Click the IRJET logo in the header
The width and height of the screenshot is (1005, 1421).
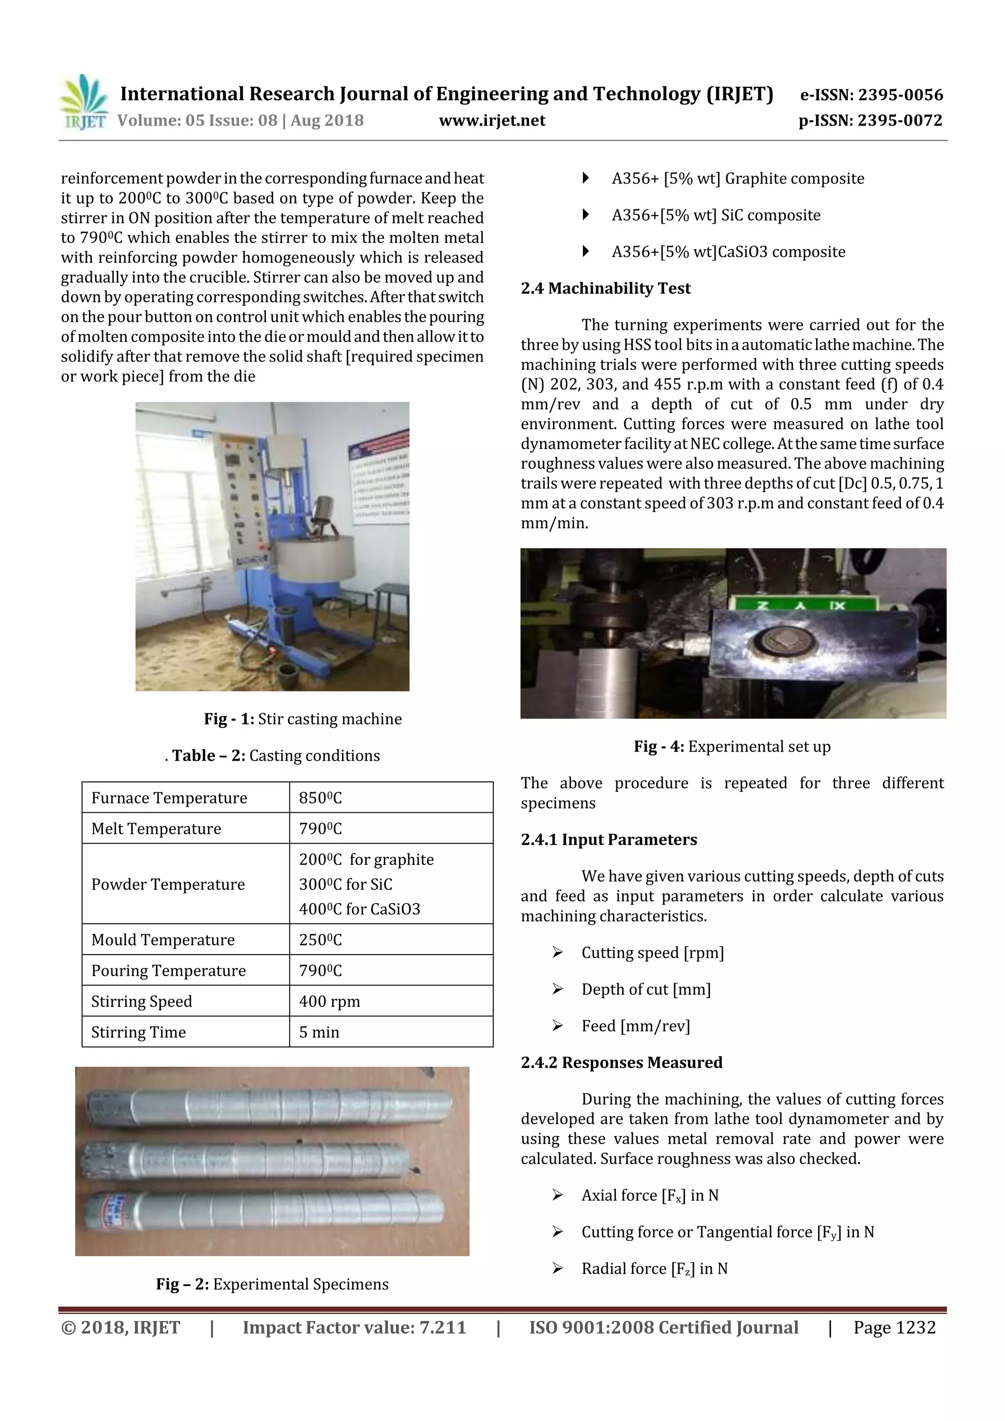[x=83, y=103]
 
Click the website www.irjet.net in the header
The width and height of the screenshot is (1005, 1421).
[x=492, y=121]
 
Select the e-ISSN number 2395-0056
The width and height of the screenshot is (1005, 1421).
[x=871, y=95]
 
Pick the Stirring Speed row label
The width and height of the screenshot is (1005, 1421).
[x=142, y=1002]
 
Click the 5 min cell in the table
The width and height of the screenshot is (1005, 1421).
[x=319, y=1033]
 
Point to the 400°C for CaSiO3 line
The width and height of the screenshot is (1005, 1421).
[x=359, y=909]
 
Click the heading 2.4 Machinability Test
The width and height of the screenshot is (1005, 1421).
[x=605, y=288]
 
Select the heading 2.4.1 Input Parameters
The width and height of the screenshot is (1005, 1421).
[x=608, y=840]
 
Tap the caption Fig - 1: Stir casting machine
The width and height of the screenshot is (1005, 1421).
[x=303, y=719]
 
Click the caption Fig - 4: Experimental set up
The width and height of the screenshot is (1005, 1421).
[x=732, y=747]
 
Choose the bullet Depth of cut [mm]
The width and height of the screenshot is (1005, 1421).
[x=645, y=990]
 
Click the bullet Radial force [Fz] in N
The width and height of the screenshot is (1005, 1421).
[x=654, y=1269]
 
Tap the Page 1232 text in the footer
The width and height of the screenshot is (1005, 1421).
[x=894, y=1327]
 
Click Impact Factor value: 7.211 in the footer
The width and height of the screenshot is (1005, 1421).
[x=354, y=1327]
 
